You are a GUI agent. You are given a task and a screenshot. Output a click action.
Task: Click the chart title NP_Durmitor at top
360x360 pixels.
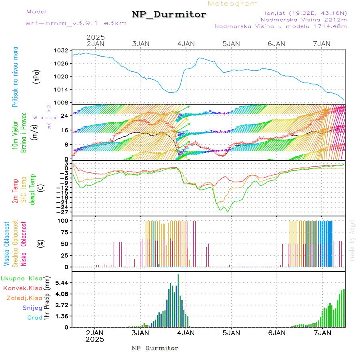click(169, 15)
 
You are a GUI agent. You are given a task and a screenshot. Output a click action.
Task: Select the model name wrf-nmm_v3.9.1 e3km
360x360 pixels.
click(76, 23)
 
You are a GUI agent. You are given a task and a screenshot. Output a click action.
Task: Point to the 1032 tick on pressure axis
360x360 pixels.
click(62, 50)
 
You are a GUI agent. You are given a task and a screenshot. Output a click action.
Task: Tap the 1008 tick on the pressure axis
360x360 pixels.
click(62, 102)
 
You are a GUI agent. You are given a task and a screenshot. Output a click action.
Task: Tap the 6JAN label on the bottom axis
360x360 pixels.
click(276, 332)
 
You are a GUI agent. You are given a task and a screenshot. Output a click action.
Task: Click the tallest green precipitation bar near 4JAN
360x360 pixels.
click(178, 300)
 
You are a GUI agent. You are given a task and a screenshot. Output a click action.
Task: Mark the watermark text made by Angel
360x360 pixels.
click(352, 240)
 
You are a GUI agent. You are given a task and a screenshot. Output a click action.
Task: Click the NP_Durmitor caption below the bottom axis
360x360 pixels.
click(155, 348)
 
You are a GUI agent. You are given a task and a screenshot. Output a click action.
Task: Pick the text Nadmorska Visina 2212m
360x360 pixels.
click(304, 19)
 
